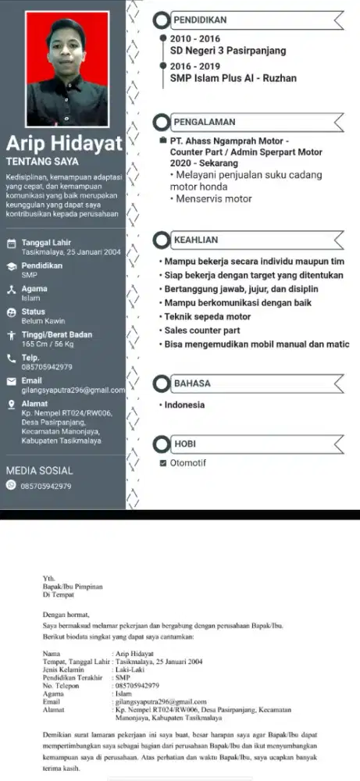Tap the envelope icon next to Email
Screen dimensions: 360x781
[x=11, y=380]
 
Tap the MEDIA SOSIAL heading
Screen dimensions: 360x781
[x=39, y=471]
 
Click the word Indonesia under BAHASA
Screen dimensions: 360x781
[x=184, y=405]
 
